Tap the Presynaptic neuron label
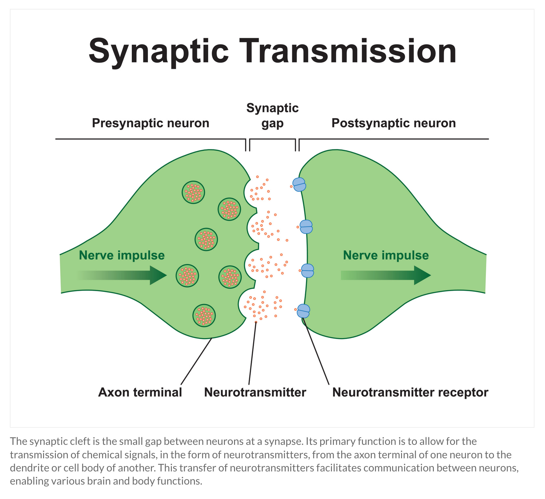tap(151, 123)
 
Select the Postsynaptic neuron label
tap(393, 123)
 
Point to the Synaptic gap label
tap(272, 116)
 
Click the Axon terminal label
tap(140, 392)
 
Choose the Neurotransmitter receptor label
tap(410, 392)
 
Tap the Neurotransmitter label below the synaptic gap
tap(255, 392)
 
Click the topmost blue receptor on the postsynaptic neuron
tap(299, 184)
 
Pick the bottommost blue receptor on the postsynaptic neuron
tap(303, 311)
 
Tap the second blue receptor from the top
tap(306, 227)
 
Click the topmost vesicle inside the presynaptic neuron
tap(193, 192)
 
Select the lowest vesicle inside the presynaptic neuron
tap(204, 315)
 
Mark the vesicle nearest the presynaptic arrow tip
tap(187, 276)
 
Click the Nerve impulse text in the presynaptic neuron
tap(122, 255)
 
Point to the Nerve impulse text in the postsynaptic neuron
tap(386, 255)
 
